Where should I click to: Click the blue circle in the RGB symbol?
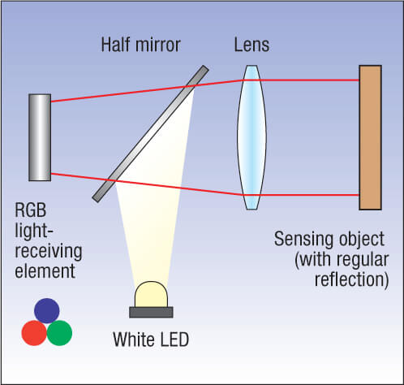47,310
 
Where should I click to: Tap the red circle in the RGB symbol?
34,333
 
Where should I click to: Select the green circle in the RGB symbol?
59,333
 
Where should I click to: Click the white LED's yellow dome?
151,294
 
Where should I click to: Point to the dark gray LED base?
151,312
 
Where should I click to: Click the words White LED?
151,340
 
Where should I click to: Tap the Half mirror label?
140,45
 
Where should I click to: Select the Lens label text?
251,45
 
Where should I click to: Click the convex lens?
251,137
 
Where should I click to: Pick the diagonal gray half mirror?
150,134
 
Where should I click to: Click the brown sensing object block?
370,137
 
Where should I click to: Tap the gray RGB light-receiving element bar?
40,137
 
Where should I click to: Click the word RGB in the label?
31,210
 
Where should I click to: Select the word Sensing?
304,239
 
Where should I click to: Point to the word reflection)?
351,279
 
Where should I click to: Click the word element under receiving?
45,271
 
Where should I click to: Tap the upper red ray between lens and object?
301,80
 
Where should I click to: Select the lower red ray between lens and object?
301,195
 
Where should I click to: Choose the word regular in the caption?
363,260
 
